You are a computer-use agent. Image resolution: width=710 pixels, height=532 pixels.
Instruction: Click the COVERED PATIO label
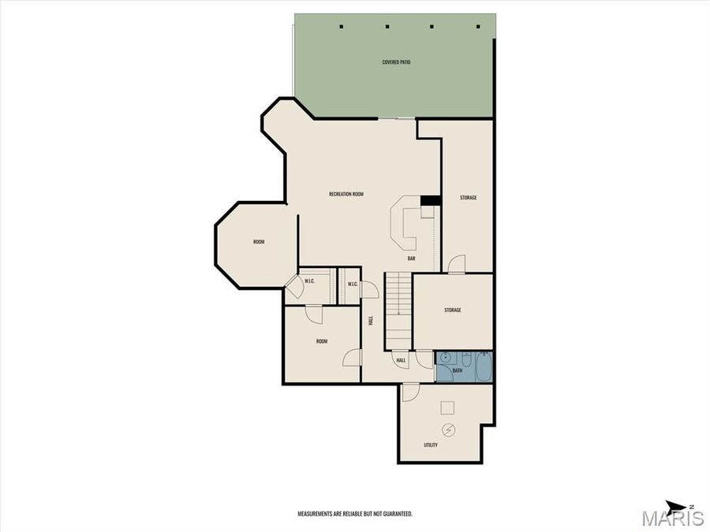pos(396,61)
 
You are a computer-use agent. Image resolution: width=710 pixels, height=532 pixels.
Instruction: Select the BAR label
pos(411,258)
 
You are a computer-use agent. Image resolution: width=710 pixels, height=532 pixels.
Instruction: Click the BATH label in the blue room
pos(457,370)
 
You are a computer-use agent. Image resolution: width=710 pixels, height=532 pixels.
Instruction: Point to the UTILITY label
pos(430,445)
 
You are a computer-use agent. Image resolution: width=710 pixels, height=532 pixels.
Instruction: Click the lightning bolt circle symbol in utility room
pos(449,430)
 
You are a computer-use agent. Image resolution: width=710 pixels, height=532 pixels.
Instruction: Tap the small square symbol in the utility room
pos(447,407)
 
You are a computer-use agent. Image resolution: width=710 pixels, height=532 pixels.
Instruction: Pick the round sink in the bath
pos(444,358)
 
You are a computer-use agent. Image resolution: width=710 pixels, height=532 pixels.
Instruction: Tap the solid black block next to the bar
pos(430,200)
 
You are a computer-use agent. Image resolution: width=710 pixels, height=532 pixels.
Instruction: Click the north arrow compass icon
pos(677,508)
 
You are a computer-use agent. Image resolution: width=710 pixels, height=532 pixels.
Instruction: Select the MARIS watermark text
pos(672,519)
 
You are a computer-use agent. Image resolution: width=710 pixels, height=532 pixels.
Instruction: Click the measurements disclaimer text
pos(354,514)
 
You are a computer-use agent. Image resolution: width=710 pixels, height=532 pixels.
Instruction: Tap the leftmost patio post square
pos(342,27)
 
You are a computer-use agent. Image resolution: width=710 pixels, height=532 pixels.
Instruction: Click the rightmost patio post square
pos(478,27)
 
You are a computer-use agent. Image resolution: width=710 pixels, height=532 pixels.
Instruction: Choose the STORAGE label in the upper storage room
pos(468,198)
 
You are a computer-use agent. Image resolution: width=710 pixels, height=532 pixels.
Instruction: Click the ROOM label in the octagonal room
pos(259,242)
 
